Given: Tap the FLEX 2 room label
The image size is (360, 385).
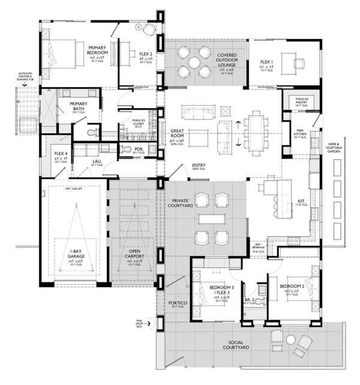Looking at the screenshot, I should [146, 54].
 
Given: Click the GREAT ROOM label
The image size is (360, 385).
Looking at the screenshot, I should [176, 133].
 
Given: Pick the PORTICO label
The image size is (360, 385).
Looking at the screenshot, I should [178, 303].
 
